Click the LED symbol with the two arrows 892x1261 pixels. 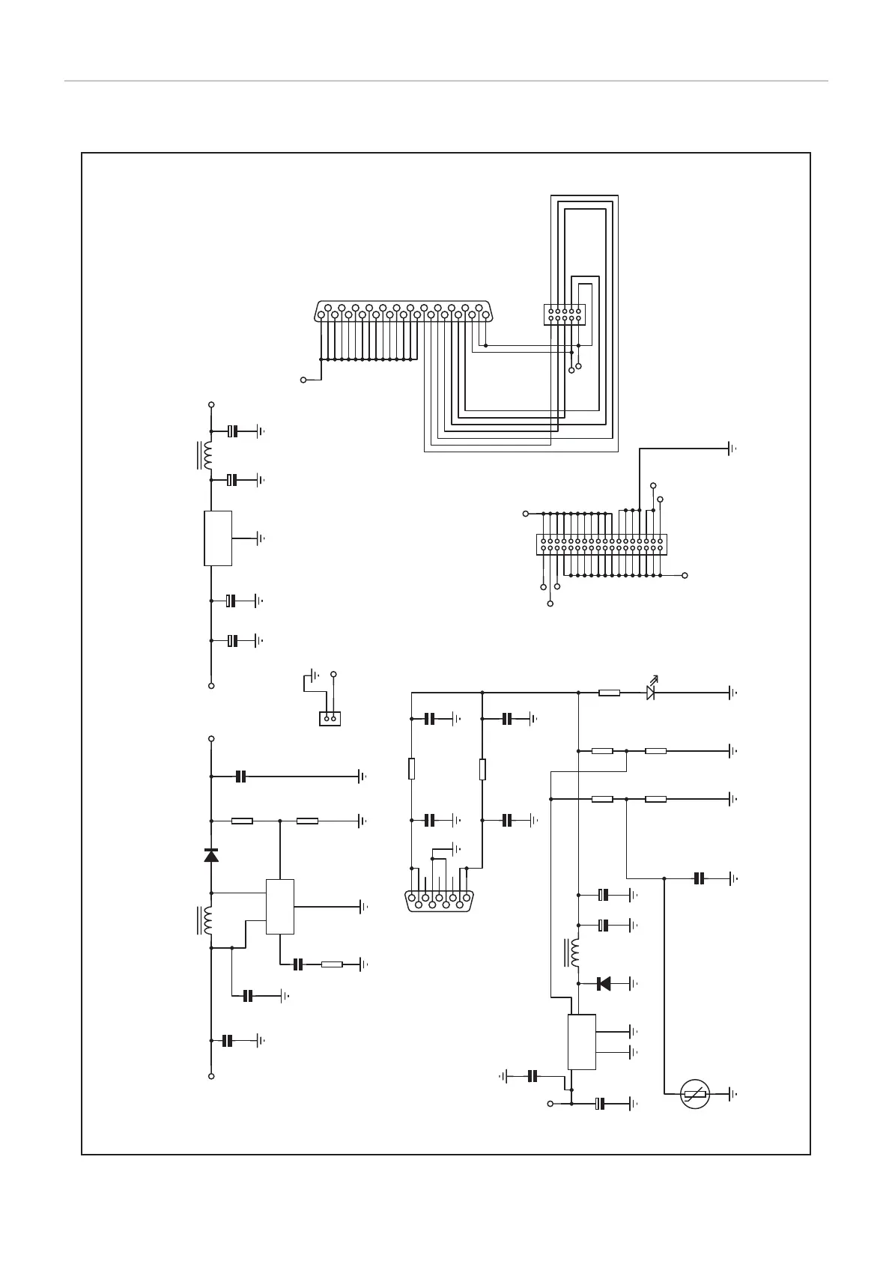(x=651, y=692)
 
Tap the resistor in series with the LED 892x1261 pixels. (x=609, y=693)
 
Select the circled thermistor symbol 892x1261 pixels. (x=695, y=1095)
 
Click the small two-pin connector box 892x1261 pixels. (x=330, y=718)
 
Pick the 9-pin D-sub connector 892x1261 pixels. (x=439, y=899)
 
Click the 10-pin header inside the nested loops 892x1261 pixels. (x=564, y=315)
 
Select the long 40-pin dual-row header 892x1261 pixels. (x=601, y=544)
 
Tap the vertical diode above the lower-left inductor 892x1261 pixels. (x=211, y=855)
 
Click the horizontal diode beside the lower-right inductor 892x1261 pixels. (x=604, y=983)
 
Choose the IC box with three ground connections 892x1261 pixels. (x=581, y=1042)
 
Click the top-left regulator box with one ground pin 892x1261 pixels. (x=218, y=538)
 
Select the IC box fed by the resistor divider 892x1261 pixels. (x=279, y=906)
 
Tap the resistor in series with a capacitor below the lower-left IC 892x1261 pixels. (x=331, y=964)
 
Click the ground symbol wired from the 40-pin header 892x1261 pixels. (x=731, y=449)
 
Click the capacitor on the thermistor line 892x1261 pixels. (x=700, y=878)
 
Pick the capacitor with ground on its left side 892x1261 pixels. (x=533, y=1076)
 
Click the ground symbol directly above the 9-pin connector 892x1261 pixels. (x=456, y=848)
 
